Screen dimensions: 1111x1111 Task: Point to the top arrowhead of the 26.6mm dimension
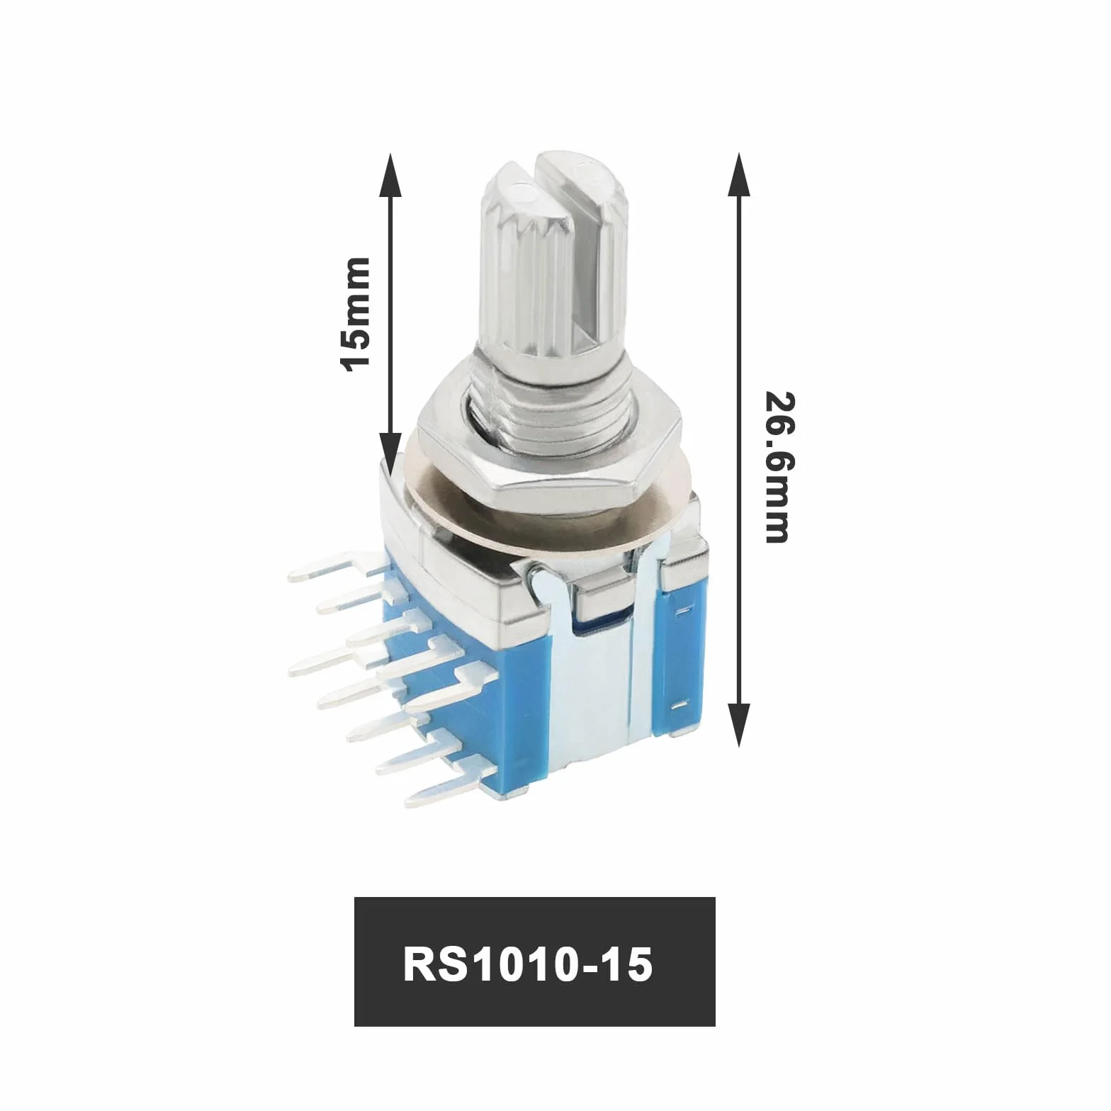click(739, 174)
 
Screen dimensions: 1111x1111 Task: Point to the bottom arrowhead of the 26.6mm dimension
click(739, 725)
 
